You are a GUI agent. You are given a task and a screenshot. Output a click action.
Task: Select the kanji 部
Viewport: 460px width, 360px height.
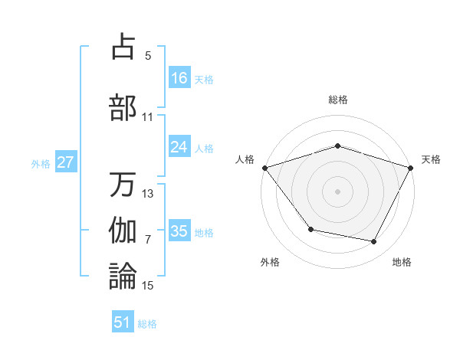123,107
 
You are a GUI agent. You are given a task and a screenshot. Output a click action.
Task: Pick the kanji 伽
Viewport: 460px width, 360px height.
123,230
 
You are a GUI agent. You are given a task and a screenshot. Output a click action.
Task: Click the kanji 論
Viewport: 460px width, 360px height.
123,276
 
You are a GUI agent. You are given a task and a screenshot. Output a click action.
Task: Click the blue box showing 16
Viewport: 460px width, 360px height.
179,78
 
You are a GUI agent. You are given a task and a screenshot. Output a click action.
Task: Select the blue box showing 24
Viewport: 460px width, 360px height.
179,147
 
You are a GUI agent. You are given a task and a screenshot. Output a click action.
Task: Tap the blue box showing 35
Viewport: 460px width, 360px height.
179,231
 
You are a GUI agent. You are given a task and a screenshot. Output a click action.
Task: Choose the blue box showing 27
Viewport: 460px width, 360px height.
66,162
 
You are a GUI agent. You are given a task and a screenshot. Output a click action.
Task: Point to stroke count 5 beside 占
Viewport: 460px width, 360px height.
148,56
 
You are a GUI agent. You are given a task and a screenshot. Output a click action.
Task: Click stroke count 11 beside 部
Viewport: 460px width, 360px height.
148,117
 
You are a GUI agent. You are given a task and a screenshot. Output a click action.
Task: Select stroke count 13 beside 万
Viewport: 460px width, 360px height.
148,194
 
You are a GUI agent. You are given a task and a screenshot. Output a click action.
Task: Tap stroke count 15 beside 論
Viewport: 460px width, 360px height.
148,286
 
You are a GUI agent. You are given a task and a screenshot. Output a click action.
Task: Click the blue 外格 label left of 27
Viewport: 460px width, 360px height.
40,163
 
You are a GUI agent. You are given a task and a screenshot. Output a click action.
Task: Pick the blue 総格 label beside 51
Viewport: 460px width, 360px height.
147,324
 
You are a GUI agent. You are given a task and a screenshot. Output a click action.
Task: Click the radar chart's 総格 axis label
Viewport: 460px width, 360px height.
338,100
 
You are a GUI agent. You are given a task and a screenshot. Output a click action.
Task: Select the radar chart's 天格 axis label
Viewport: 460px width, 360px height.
431,159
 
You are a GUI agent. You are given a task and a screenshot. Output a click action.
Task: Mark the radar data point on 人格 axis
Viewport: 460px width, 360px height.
264,167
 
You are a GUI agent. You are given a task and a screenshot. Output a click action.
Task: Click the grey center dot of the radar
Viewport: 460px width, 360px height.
338,191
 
